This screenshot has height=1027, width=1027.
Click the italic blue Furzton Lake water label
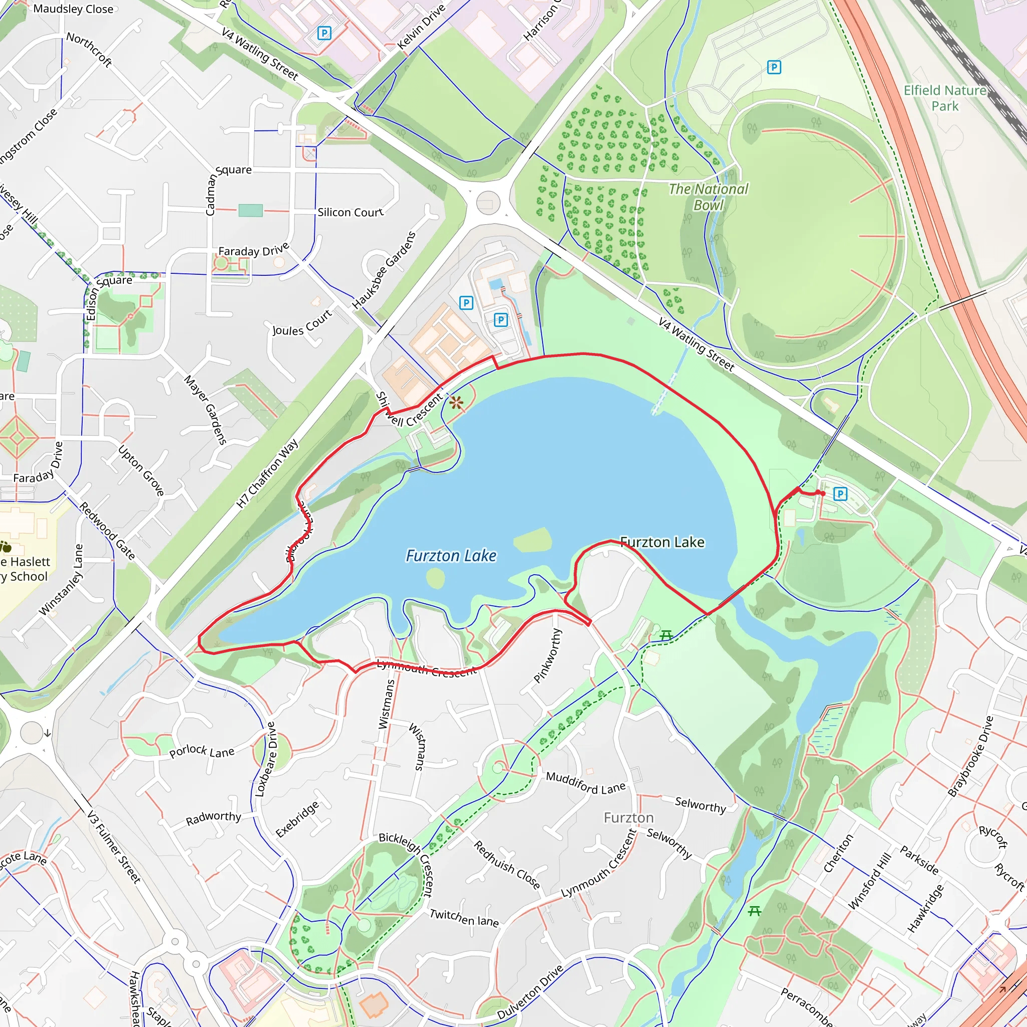pos(451,556)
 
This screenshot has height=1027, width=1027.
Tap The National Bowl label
pos(708,197)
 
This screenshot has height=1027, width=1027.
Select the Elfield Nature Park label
pos(945,98)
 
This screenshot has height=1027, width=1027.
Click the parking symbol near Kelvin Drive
pos(324,33)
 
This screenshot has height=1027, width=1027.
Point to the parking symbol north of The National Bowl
pos(774,67)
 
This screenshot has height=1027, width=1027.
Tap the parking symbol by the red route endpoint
pos(840,494)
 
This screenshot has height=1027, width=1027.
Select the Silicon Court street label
pos(351,212)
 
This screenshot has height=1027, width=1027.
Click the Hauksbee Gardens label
pos(384,270)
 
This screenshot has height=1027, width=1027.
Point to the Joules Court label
pos(302,322)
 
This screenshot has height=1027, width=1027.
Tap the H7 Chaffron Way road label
pos(267,473)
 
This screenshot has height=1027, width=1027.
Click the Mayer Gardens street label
pos(206,409)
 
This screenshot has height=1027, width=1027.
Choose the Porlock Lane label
pos(202,751)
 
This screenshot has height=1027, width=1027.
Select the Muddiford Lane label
pos(586,782)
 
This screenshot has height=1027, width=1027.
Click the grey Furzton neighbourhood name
pos(628,817)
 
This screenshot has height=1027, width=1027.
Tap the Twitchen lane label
pos(464,918)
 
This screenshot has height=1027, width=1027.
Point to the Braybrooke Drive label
pos(970,756)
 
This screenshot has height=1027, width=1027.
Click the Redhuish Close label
pos(506,865)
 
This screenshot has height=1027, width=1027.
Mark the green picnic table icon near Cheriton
pos(754,912)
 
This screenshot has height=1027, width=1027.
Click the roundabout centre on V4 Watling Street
pos(488,203)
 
